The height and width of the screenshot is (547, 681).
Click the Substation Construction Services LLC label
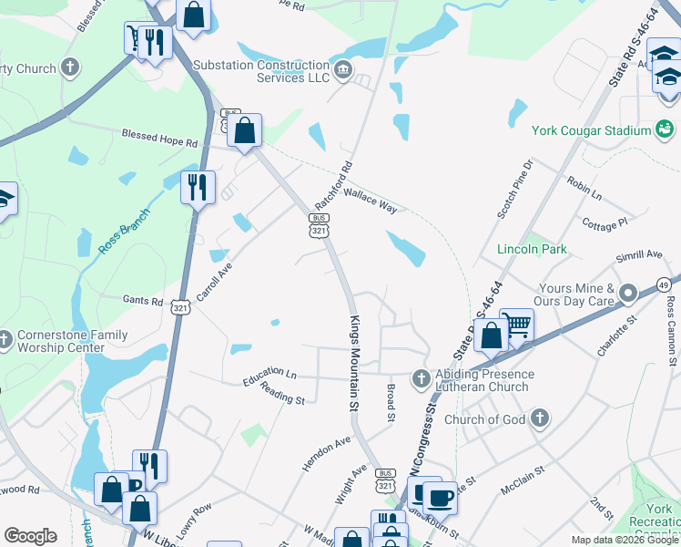point(260,71)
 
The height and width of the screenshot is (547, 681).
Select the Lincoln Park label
point(532,249)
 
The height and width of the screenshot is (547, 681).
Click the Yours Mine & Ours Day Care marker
point(627,294)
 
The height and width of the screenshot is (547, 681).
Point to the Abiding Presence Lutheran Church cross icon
point(420,377)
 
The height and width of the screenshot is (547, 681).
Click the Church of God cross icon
point(540,419)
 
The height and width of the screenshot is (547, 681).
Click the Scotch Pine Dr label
point(513,189)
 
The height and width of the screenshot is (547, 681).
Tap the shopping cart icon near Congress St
point(517,325)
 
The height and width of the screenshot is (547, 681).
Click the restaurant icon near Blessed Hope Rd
point(198,187)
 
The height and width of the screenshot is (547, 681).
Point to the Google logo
point(30,536)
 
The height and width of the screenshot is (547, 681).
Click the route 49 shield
point(665,284)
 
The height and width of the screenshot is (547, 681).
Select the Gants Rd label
point(143,301)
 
